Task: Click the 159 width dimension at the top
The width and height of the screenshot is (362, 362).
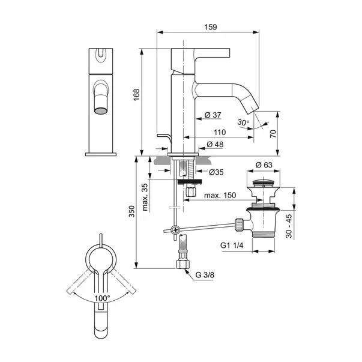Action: coord(211,27)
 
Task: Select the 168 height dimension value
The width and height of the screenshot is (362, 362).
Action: coord(136,95)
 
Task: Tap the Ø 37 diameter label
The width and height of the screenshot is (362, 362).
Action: coord(213,115)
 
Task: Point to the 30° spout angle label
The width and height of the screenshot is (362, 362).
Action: coord(243,122)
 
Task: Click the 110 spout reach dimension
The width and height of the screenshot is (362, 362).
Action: coord(220,132)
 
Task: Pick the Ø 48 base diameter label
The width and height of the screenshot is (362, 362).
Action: coord(215,144)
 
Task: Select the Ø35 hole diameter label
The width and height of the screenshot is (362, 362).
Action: coord(216,172)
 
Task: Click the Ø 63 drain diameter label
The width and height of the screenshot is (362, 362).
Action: coord(264,165)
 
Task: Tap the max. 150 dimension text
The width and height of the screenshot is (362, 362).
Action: coord(220,195)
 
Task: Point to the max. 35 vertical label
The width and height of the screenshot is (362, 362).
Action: coord(145,197)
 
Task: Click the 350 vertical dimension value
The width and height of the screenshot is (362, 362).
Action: coord(131,211)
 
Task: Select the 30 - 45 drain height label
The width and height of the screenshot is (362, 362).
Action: coord(289,226)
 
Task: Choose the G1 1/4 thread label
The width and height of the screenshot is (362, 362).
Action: coord(232,245)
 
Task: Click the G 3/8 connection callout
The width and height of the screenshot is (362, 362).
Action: coord(205,275)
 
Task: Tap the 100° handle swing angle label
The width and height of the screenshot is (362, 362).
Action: coord(102,298)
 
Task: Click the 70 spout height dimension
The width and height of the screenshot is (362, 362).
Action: coord(273,134)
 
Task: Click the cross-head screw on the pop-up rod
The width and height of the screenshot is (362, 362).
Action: coord(175,230)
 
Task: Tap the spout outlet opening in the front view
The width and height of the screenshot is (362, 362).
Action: coord(101,110)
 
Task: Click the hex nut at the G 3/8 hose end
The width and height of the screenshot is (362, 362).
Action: coord(183,264)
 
